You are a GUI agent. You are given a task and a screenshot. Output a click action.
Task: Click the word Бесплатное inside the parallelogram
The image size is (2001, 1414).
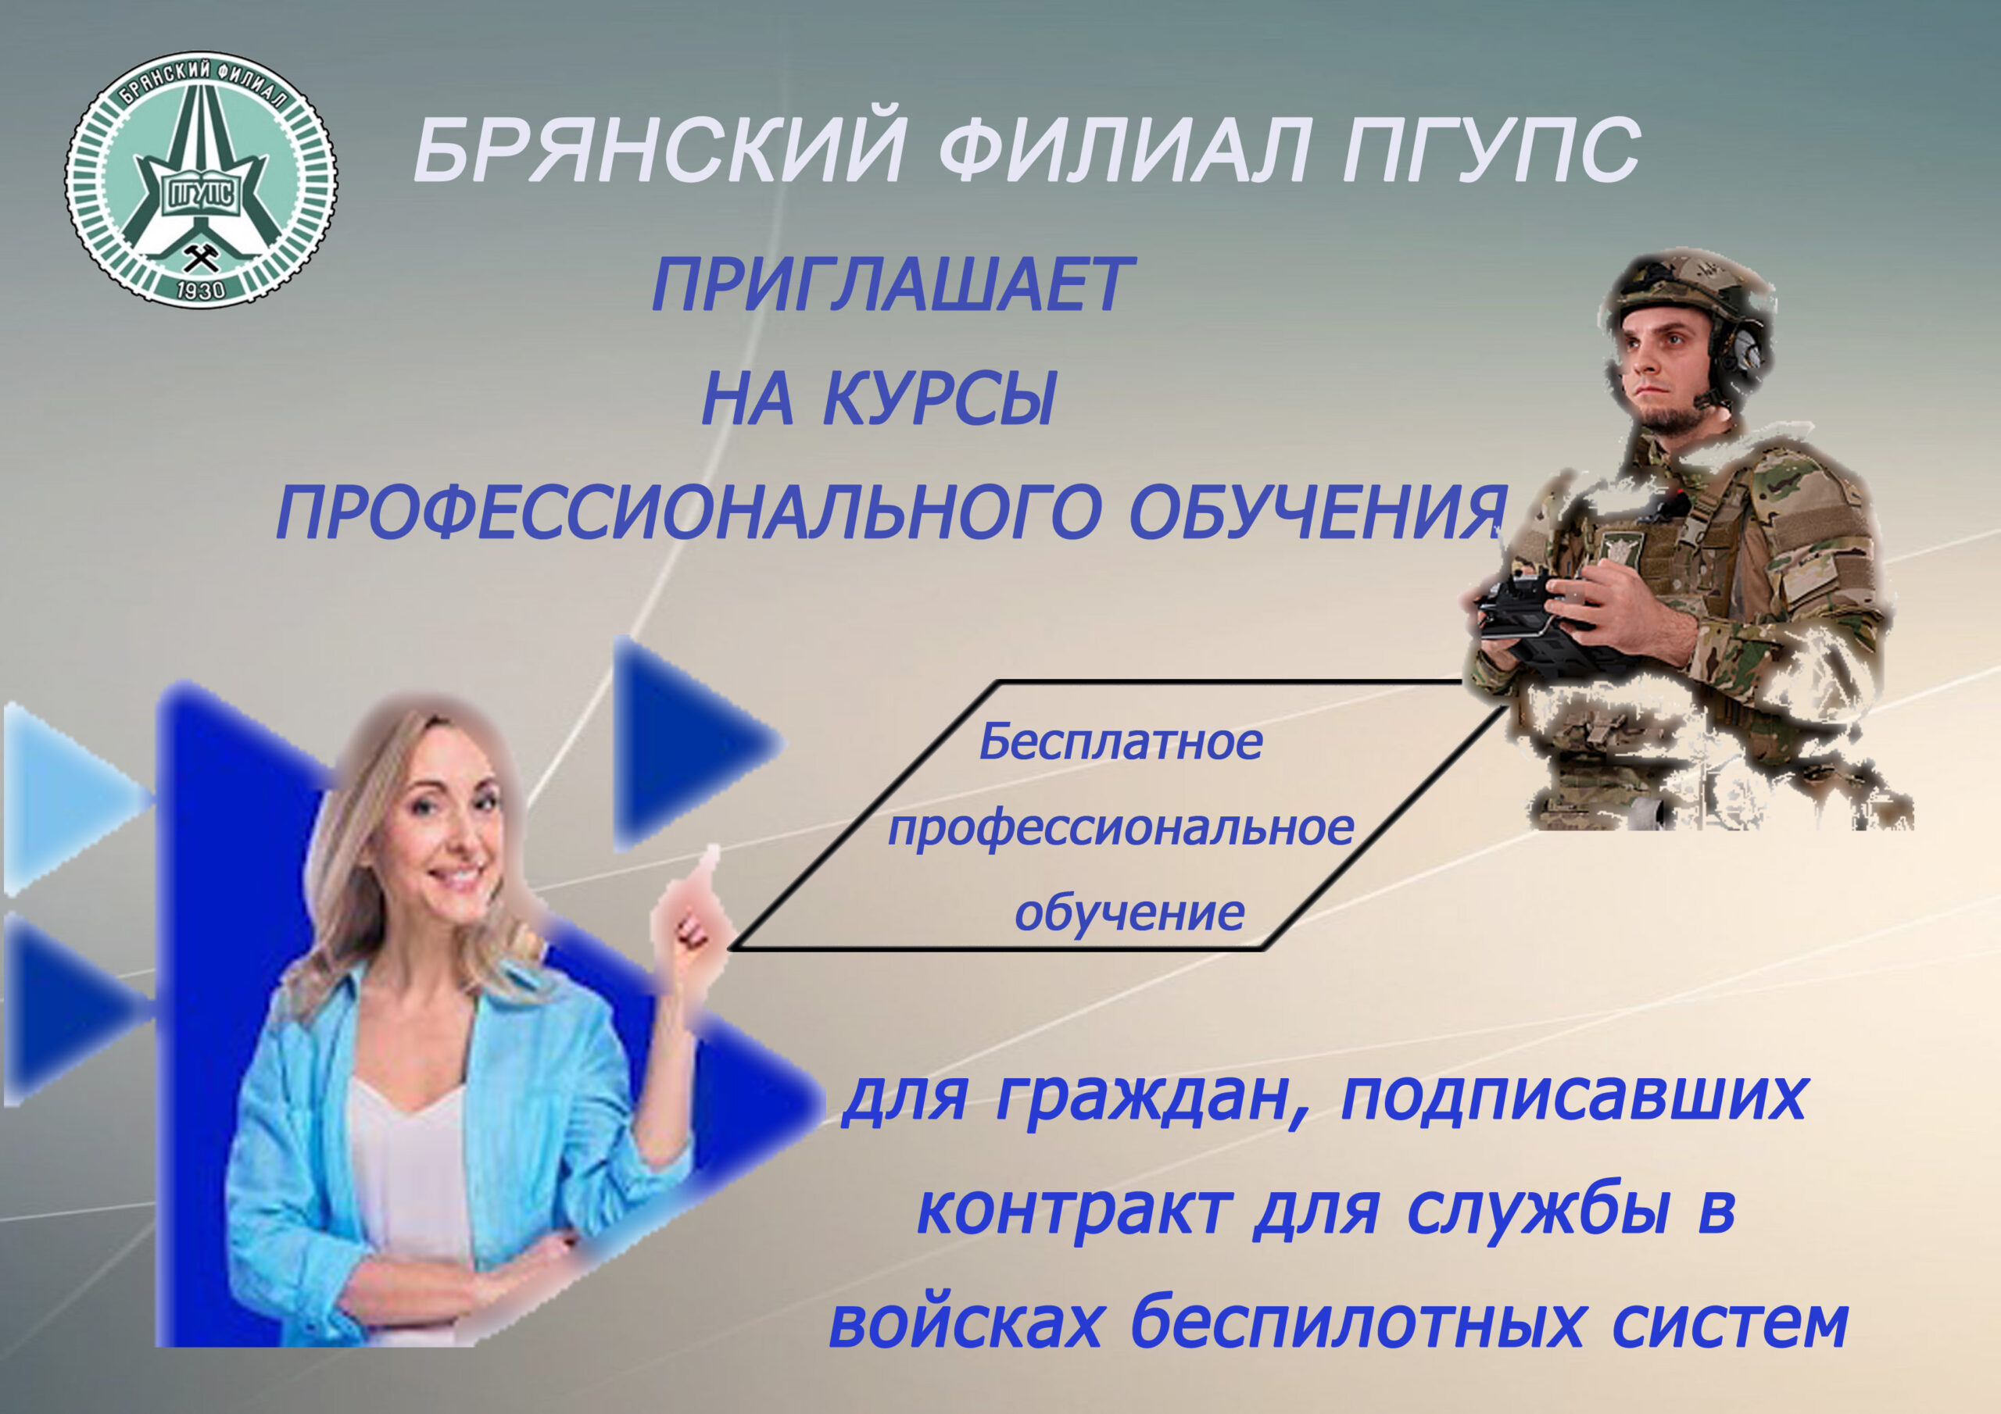click(1121, 742)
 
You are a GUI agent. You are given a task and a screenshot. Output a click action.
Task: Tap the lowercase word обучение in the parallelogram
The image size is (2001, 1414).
click(1129, 913)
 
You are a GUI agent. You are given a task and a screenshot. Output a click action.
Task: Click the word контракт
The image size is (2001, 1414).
click(1075, 1210)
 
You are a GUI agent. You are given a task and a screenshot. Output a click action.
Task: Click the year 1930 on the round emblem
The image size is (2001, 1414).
click(200, 290)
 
